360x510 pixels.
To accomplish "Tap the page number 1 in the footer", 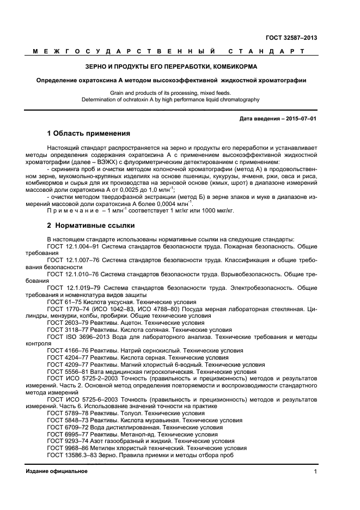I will pos(315,471).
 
